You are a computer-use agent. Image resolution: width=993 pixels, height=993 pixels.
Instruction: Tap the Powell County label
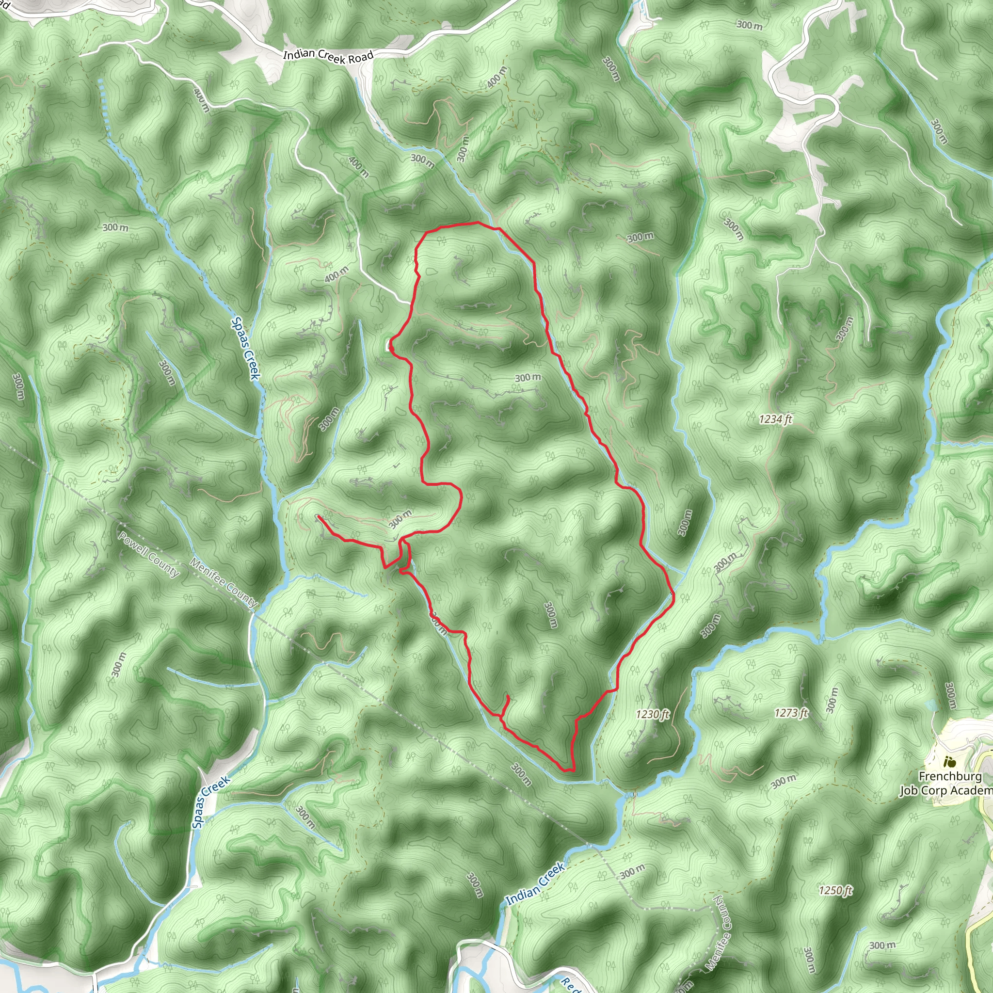(148, 555)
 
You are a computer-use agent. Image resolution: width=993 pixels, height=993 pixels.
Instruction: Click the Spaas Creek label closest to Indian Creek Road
(246, 348)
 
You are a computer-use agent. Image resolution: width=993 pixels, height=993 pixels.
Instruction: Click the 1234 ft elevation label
(775, 419)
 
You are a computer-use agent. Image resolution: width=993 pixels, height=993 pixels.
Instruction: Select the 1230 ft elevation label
(652, 714)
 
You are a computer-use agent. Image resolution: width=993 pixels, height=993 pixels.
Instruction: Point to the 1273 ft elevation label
(791, 713)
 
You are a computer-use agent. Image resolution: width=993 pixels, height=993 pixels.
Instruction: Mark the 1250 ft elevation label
(835, 891)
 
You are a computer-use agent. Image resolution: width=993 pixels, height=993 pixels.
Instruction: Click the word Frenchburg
(950, 777)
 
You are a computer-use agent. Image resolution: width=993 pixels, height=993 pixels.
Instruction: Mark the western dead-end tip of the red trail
(319, 516)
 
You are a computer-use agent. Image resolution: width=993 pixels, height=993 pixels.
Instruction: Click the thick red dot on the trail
(392, 350)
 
